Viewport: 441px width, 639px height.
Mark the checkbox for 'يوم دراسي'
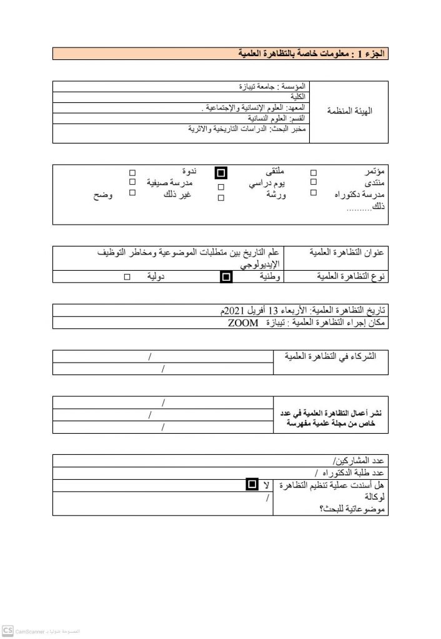click(220, 187)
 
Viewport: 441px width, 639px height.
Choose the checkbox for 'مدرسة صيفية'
click(132, 182)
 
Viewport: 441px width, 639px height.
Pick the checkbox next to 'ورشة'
click(220, 198)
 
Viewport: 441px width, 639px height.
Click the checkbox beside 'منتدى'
click(314, 182)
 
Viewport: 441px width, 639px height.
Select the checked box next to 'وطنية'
click(226, 276)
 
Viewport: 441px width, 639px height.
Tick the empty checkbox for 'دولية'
click(127, 276)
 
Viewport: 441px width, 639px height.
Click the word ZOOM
click(241, 324)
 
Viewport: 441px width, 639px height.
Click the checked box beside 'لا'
click(251, 484)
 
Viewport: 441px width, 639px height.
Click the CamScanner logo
click(7, 630)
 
